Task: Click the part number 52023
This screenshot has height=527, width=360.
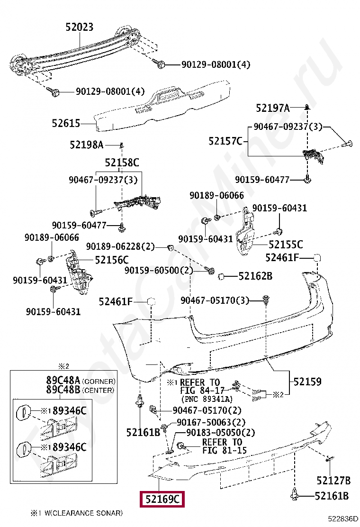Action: click(x=79, y=27)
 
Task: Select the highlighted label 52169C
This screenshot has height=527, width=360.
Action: click(x=162, y=499)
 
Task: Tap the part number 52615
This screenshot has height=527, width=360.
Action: click(x=66, y=123)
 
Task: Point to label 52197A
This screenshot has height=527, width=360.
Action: click(x=272, y=108)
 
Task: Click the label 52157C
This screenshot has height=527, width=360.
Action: click(x=225, y=141)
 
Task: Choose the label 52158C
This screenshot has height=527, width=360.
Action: click(x=122, y=163)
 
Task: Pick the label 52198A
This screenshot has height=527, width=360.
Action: click(x=86, y=145)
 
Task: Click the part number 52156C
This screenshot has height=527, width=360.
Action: click(x=111, y=260)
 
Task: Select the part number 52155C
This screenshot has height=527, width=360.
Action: click(x=286, y=245)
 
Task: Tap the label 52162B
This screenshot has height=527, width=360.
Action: click(x=255, y=276)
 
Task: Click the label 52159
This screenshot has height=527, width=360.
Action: click(x=307, y=382)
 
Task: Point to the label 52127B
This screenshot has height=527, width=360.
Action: click(x=333, y=481)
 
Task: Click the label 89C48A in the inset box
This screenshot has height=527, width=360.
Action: click(x=63, y=381)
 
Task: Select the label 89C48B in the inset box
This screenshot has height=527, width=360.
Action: click(x=63, y=390)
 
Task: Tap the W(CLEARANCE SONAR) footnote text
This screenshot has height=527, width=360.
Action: click(x=84, y=513)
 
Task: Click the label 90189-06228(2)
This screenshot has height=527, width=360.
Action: click(x=120, y=247)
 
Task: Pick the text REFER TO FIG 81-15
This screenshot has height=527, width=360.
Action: click(x=225, y=446)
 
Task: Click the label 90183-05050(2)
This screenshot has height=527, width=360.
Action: click(x=221, y=433)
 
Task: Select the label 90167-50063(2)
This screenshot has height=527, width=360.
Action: click(x=211, y=422)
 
